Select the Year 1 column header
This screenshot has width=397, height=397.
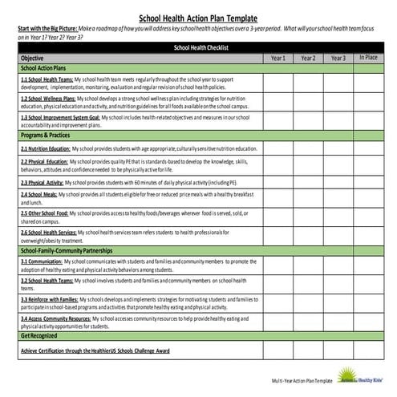coord(277,59)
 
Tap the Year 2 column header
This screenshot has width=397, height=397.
coord(308,59)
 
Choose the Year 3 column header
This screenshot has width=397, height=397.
coord(338,59)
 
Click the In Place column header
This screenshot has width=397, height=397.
coord(368,58)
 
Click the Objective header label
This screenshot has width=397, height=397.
coord(32,59)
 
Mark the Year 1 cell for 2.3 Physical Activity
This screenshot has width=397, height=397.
coord(277,183)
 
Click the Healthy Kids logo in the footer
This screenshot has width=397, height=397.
coord(367,375)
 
